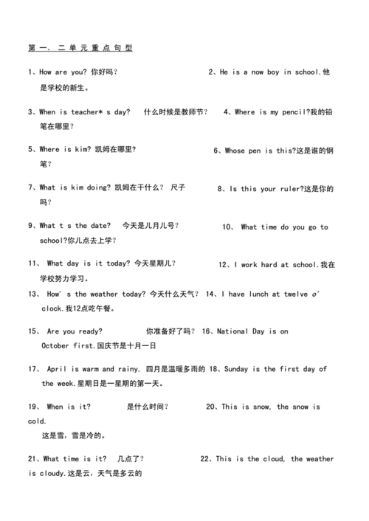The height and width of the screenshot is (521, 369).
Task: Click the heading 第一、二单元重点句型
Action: (80, 48)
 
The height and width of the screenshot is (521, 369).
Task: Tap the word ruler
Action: (286, 188)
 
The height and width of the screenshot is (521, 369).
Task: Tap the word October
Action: (55, 345)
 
